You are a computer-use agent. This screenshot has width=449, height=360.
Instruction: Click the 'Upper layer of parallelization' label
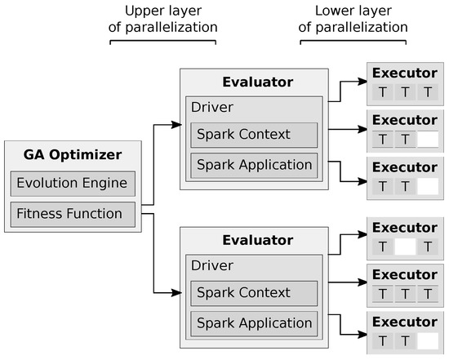click(163, 19)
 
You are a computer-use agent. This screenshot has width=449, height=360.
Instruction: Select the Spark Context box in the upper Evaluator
click(253, 134)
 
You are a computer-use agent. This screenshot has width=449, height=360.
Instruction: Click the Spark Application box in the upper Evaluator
click(253, 165)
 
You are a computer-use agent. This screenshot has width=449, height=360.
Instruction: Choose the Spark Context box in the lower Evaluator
click(253, 292)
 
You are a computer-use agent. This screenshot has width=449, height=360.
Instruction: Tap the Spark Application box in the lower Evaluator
click(253, 323)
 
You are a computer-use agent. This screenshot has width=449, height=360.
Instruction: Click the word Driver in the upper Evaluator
click(211, 107)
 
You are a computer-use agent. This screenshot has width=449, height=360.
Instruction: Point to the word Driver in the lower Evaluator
click(211, 265)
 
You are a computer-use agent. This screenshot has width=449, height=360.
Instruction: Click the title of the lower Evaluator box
click(258, 241)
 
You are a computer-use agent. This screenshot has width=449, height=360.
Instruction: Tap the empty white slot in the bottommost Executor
click(427, 340)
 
